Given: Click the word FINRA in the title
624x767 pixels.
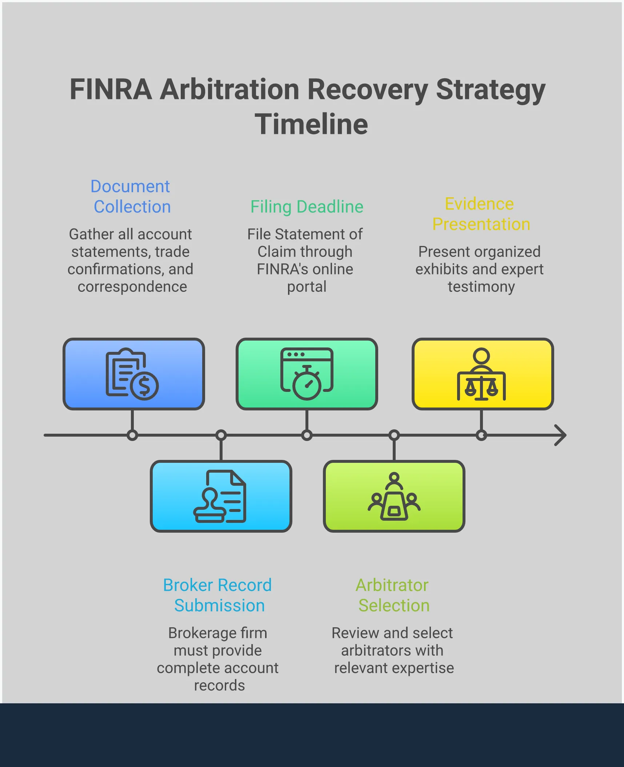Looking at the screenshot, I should (x=111, y=90).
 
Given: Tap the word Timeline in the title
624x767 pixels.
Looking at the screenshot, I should (x=311, y=124).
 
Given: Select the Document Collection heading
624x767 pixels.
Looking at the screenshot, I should (x=131, y=196).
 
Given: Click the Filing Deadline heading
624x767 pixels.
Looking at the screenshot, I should (x=307, y=207).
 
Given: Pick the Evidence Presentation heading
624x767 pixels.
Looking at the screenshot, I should (x=480, y=214).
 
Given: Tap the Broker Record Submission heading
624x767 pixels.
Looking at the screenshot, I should (x=217, y=595).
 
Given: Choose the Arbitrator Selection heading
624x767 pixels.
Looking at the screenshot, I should (x=393, y=595).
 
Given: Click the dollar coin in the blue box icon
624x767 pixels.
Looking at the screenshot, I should (x=144, y=386).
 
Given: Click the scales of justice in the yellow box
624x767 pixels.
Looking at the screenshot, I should (x=481, y=388).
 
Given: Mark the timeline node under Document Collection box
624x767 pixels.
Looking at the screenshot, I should (x=132, y=435).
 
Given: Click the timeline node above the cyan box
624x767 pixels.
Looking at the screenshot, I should (x=221, y=435).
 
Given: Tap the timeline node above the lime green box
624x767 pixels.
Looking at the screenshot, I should (x=394, y=435).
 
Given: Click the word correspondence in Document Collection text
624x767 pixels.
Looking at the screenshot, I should (x=132, y=287).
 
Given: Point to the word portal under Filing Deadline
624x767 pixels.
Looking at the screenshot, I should (x=307, y=287).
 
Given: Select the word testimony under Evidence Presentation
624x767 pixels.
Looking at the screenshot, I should (x=481, y=287).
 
